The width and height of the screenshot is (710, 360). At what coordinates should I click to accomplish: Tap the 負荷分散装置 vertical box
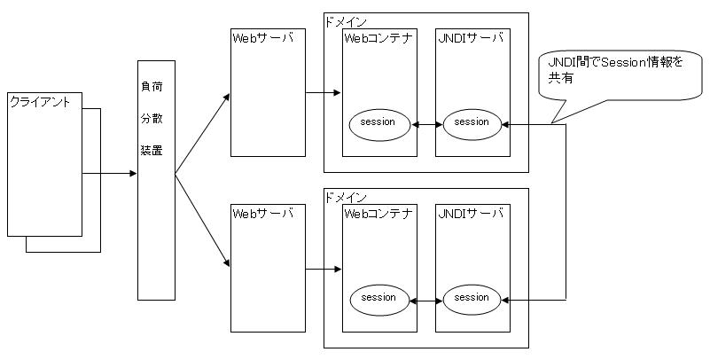pyautogui.click(x=156, y=180)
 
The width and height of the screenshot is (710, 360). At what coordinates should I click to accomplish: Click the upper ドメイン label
pyautogui.click(x=346, y=20)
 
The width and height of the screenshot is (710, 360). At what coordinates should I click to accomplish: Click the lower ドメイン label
pyautogui.click(x=346, y=196)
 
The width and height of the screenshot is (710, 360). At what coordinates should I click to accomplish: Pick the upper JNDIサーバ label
pyautogui.click(x=471, y=38)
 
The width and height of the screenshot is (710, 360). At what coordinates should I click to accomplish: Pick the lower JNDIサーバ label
pyautogui.click(x=471, y=213)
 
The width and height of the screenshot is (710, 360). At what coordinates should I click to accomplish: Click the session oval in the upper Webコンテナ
pyautogui.click(x=378, y=122)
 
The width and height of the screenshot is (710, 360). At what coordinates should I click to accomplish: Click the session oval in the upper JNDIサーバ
pyautogui.click(x=472, y=122)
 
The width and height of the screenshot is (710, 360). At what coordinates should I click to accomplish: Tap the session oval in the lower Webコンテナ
pyautogui.click(x=378, y=299)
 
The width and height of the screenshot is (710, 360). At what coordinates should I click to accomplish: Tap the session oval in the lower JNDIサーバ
pyautogui.click(x=472, y=299)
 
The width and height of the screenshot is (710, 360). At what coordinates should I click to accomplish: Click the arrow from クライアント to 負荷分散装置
pyautogui.click(x=110, y=174)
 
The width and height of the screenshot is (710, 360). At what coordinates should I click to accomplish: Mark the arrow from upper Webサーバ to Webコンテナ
pyautogui.click(x=324, y=92)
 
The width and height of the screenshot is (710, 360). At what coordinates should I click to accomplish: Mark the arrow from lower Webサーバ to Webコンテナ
pyautogui.click(x=324, y=268)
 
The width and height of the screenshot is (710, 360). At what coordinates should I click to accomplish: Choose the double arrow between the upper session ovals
pyautogui.click(x=428, y=124)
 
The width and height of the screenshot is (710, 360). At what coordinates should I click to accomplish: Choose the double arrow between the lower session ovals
pyautogui.click(x=428, y=301)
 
